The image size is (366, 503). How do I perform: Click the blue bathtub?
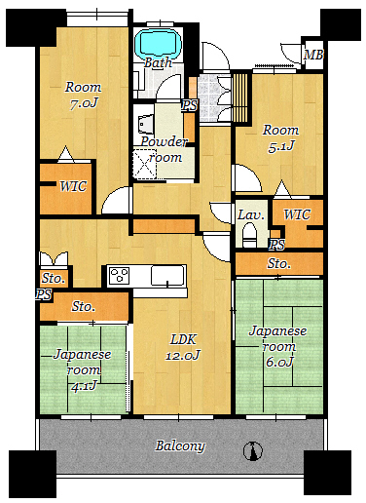158,43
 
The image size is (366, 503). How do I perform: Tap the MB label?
313,55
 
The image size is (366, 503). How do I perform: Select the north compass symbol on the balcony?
253,450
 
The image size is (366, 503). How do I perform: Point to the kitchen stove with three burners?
119,276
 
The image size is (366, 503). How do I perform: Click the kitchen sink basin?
168,276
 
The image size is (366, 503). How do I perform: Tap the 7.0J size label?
84,103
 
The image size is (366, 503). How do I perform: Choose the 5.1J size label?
281,146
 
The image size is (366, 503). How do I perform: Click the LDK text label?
183,340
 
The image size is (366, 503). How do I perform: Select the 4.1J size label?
84,386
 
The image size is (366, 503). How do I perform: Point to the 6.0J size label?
279,362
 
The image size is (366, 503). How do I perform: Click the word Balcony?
180,445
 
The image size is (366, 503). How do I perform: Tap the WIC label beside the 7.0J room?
73,186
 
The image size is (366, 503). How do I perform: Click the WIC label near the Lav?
297,214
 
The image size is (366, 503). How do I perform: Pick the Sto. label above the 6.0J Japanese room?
278,263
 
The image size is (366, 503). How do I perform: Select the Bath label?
158,62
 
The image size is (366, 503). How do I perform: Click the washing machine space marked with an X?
145,164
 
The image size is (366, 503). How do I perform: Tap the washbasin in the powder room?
145,124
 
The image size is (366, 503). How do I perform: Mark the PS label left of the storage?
44,295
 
